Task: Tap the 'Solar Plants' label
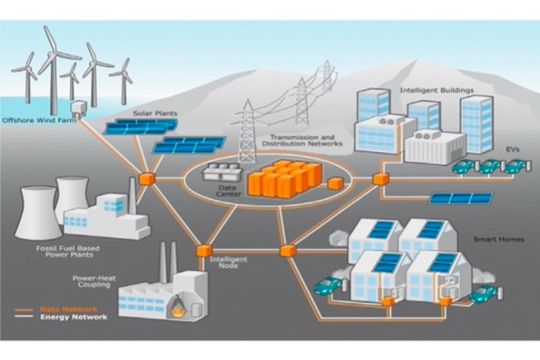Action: click(161, 114)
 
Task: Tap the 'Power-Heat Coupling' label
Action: click(91, 280)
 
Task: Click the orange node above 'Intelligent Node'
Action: click(204, 251)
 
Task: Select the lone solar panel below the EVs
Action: click(461, 197)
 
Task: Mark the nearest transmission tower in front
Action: click(248, 132)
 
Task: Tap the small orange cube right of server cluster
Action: click(335, 184)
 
